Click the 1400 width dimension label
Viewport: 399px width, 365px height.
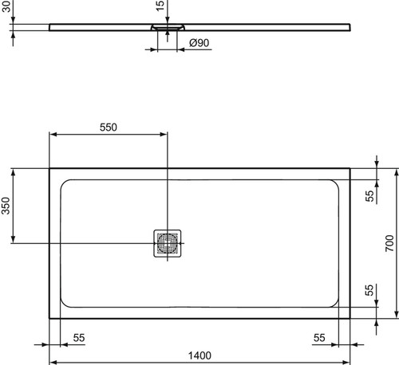coord(199,355)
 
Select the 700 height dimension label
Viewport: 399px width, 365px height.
coord(389,243)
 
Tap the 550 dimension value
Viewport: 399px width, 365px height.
coord(109,128)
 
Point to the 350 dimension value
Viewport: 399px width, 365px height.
coord(6,206)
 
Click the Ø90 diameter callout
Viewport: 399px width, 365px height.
coord(199,43)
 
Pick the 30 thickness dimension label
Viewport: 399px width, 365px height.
coord(6,6)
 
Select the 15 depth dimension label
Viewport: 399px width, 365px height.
coord(160,6)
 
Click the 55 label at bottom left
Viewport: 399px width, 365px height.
coord(79,338)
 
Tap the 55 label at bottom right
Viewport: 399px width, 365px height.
coord(319,338)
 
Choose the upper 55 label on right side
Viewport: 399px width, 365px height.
coord(369,196)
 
